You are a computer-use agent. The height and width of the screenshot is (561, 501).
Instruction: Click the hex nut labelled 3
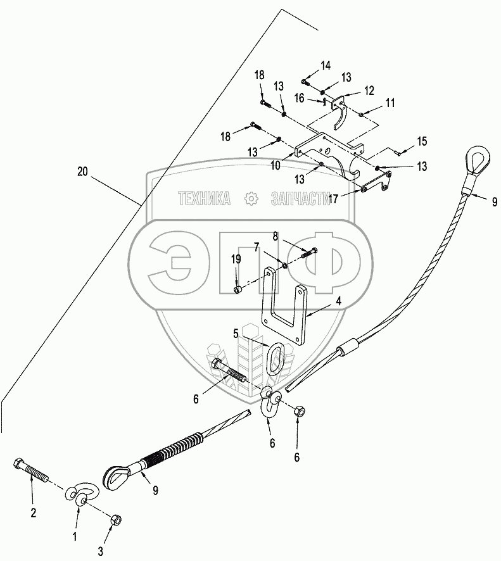tap(117, 520)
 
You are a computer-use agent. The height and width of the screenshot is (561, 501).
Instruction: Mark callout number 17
tap(334, 198)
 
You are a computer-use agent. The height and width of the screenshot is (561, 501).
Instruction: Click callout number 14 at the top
tap(325, 65)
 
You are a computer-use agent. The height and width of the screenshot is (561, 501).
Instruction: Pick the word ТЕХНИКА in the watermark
tap(205, 199)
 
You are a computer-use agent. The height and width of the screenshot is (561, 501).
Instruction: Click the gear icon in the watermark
tap(252, 199)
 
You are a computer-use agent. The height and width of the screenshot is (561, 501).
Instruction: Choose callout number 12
tap(369, 91)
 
